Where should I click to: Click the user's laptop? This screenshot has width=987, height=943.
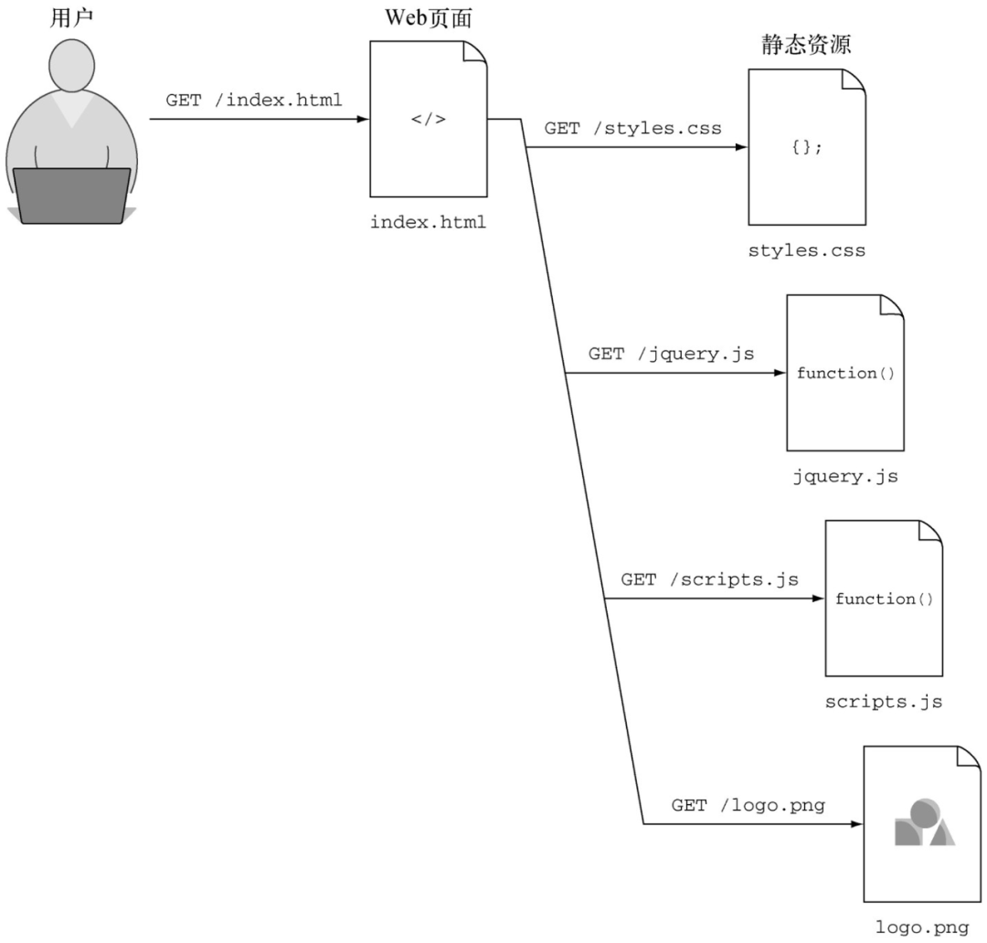point(71,196)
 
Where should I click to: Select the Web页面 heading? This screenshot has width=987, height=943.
point(429,17)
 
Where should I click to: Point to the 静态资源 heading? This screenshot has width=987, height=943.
point(806,44)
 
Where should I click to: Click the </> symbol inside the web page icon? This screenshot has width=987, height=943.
point(429,119)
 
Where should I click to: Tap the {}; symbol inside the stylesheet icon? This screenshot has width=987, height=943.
point(807,148)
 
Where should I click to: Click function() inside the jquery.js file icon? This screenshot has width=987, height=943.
point(845,373)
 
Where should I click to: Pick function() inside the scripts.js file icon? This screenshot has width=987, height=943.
point(884,599)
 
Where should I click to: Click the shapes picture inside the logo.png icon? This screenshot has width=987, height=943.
point(923,823)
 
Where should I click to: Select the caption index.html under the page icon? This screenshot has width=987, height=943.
point(429,222)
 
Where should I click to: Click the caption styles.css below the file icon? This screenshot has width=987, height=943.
point(807,250)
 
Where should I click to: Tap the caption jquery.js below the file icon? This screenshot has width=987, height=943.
point(845,476)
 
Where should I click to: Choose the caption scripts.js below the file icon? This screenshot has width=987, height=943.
point(884,702)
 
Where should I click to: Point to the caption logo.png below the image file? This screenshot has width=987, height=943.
point(922,927)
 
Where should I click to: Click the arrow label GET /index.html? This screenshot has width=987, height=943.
point(254,100)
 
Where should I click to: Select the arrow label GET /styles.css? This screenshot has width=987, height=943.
point(632,128)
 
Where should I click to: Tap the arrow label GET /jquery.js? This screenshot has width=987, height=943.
point(671,354)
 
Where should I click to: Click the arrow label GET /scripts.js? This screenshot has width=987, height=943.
point(709,579)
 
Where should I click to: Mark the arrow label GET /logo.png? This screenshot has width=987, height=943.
point(748,805)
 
